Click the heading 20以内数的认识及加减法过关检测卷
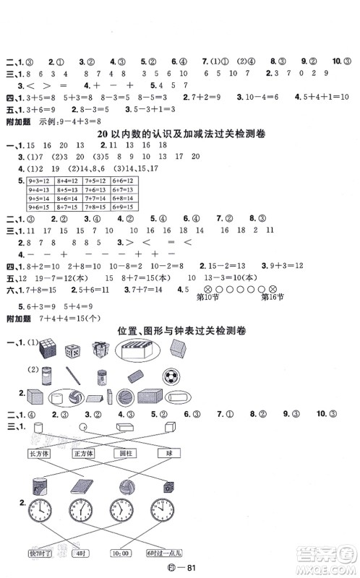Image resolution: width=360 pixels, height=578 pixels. pyautogui.click(x=184, y=137)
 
